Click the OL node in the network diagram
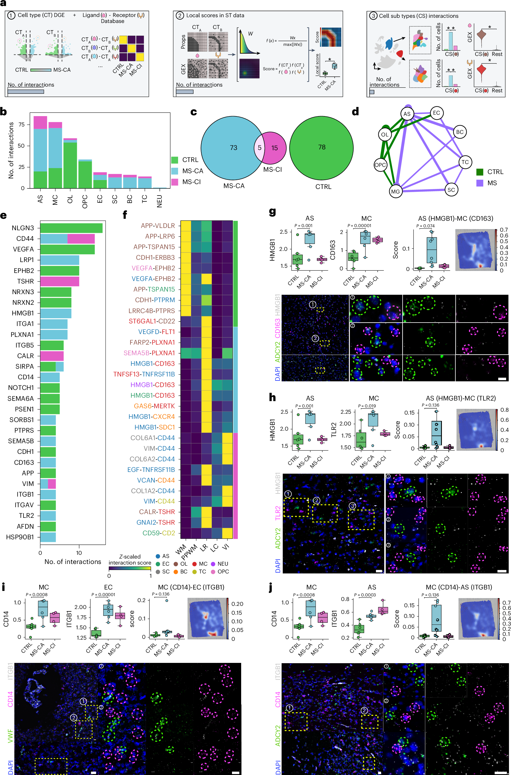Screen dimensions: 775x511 pos(385,134)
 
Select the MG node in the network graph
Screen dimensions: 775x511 pos(395,192)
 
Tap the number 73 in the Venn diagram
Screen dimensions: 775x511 pos(233,148)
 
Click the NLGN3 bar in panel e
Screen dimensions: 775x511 pos(71,228)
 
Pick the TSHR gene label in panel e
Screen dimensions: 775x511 pos(26,281)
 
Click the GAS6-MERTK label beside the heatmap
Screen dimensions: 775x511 pos(154,406)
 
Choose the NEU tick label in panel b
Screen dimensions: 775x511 pos(159,201)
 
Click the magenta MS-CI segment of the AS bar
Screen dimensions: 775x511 pos(40,122)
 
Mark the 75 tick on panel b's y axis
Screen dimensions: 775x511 pos(22,124)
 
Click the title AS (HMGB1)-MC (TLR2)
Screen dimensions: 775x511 pos(461,398)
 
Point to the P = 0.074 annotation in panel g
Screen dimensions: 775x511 pos(425,226)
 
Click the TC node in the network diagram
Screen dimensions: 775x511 pos(465,162)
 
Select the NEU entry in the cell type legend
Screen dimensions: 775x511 pos(220,564)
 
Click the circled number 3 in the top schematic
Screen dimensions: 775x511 pos(373,16)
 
